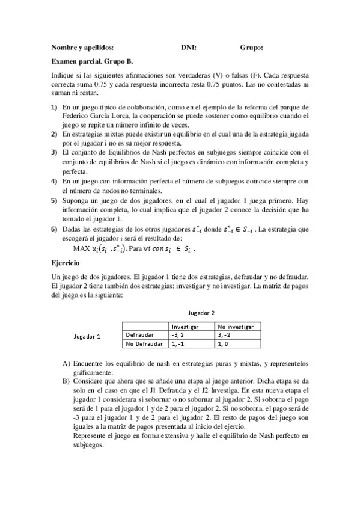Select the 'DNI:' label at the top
coord(189,47)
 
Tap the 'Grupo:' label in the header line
coord(252,47)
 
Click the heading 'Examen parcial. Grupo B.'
coord(93,61)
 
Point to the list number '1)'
coord(55,106)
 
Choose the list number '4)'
coord(55,180)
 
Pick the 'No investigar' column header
coord(236,326)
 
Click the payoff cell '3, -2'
coord(227,334)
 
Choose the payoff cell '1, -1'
coord(178,343)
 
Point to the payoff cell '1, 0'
coord(224,343)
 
